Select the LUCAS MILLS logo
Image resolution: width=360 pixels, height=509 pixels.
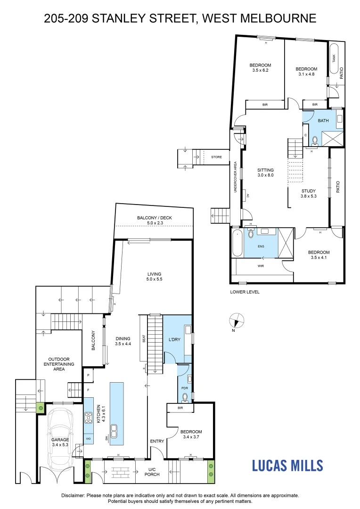pos(287,466)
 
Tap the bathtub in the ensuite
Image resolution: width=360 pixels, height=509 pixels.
pos(237,243)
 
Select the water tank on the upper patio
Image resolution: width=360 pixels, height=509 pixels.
pos(335,58)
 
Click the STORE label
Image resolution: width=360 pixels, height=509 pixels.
pos(216,157)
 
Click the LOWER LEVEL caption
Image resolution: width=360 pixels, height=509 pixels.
pos(245,292)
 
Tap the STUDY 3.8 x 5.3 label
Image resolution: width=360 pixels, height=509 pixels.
pos(309,194)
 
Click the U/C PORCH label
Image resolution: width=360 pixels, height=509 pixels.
pos(154,472)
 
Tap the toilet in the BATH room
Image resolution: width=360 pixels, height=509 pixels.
pos(313,140)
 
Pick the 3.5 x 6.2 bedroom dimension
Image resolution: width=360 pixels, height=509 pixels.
pos(260,71)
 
